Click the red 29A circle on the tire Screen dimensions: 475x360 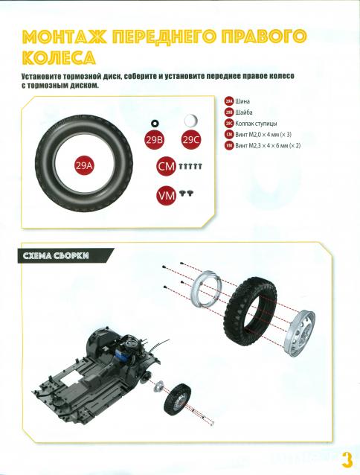[x=84, y=165]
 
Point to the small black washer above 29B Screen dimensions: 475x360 [x=155, y=121]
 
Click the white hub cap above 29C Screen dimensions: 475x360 [x=191, y=120]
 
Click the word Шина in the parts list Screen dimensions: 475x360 [x=243, y=101]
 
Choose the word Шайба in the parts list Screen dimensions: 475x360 [x=245, y=112]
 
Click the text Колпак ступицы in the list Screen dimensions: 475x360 [x=257, y=123]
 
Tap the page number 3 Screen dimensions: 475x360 [x=347, y=457]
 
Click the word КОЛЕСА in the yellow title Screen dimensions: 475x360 [x=68, y=57]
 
